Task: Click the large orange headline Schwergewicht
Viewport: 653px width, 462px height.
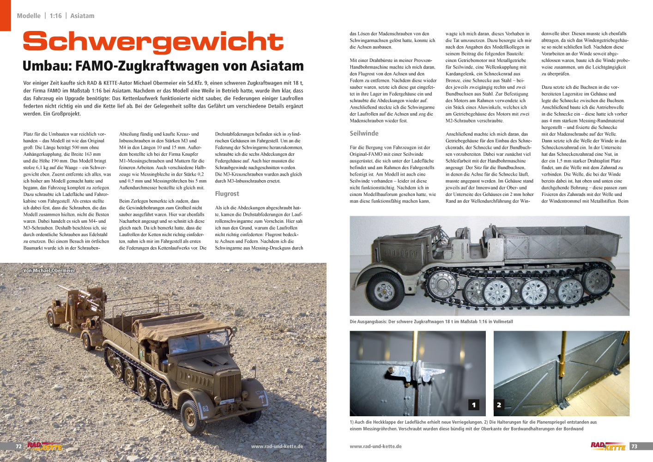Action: tap(153, 42)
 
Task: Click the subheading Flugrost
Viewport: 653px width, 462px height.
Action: tap(227, 194)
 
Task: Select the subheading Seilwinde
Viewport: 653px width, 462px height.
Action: tap(364, 134)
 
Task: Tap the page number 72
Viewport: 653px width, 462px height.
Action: tap(19, 447)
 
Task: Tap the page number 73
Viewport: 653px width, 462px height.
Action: tap(634, 446)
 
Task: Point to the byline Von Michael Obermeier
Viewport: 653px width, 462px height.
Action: tap(49, 270)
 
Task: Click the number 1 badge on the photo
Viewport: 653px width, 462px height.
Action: tap(474, 405)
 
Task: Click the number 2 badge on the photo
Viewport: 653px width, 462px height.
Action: tap(499, 405)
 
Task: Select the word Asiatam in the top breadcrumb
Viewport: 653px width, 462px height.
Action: tap(82, 16)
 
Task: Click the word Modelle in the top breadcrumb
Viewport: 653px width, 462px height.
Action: tap(29, 16)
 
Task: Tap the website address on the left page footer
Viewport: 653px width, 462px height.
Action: tap(277, 447)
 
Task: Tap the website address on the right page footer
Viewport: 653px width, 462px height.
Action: tap(375, 447)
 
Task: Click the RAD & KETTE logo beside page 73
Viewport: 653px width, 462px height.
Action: tap(608, 446)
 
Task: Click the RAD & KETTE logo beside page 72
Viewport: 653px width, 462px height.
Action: tap(44, 446)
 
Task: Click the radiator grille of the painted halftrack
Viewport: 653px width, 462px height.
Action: tap(230, 387)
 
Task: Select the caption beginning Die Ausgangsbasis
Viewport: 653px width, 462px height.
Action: tap(431, 322)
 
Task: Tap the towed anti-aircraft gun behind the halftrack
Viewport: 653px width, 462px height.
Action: tap(74, 305)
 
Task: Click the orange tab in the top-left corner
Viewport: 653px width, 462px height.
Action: tap(5, 15)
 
